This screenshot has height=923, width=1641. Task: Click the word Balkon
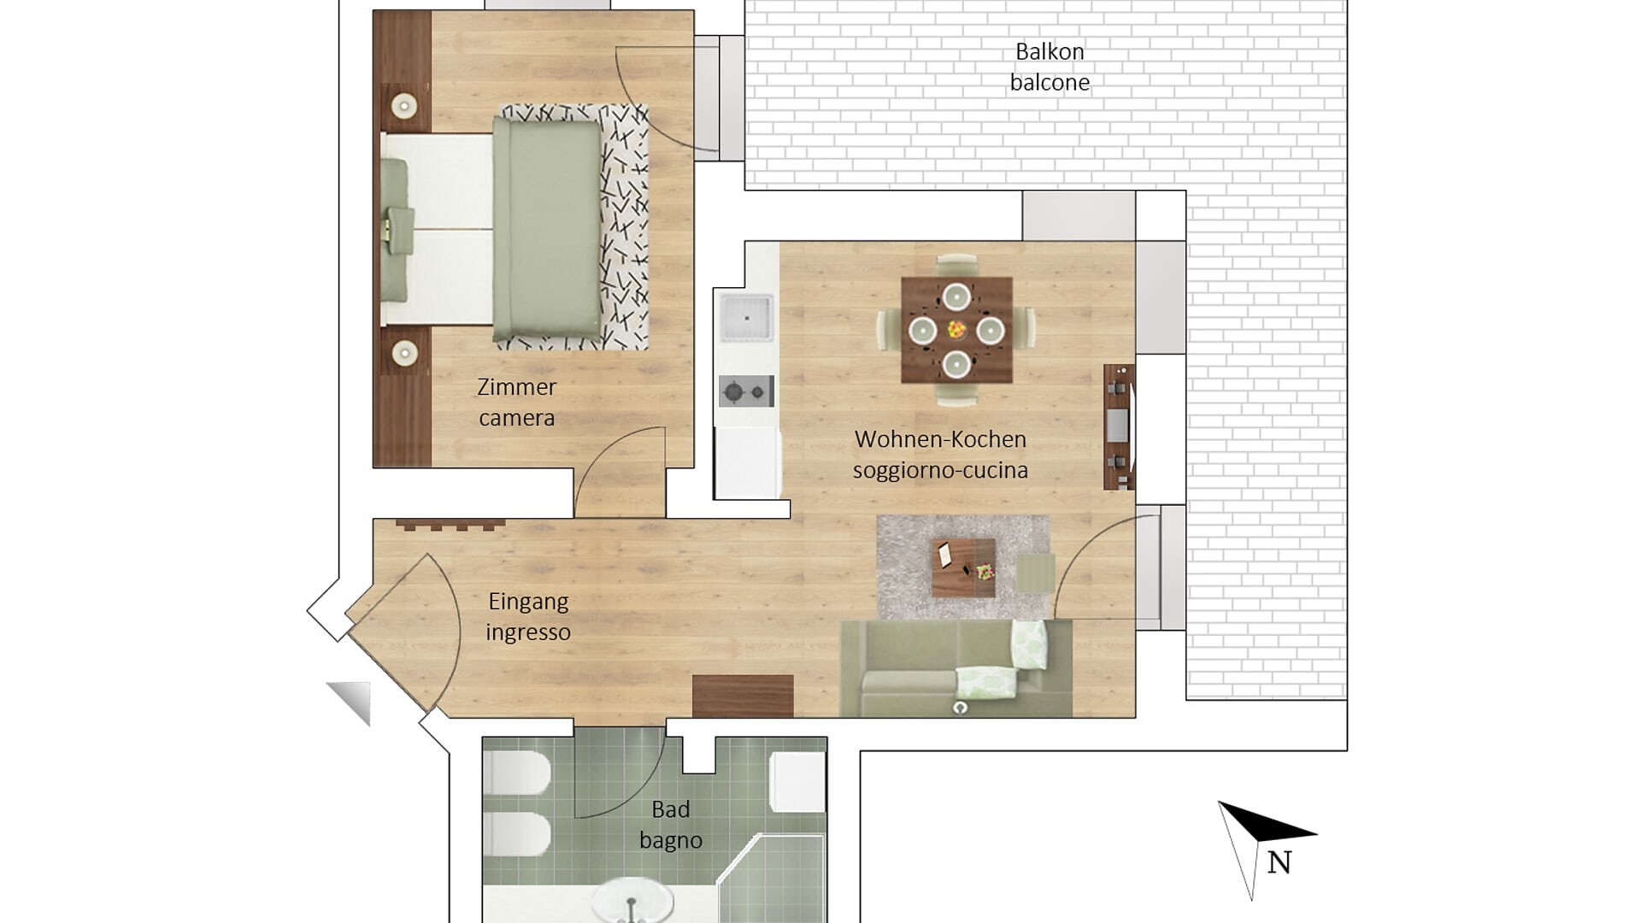[x=1050, y=52]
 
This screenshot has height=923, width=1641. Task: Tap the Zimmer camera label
[x=516, y=403]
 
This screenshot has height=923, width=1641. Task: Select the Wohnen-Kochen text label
[x=940, y=439]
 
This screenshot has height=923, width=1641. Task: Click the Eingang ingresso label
[x=527, y=617]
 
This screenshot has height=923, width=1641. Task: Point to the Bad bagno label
[x=671, y=825]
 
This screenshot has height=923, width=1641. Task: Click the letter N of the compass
[x=1279, y=863]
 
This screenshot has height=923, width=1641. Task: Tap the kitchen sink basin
[x=746, y=318]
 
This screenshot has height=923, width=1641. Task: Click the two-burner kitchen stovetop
[x=745, y=391]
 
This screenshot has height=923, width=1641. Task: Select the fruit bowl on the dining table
[x=956, y=329]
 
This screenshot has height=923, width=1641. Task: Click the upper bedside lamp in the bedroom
[x=403, y=107]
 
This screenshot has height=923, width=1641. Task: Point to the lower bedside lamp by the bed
[x=403, y=352]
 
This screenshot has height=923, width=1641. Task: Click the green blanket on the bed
[x=547, y=229]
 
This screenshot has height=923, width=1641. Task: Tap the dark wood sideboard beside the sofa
[x=743, y=696]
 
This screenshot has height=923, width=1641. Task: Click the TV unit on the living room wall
[x=1119, y=426]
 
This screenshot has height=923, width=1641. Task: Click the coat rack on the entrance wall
[x=450, y=524]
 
